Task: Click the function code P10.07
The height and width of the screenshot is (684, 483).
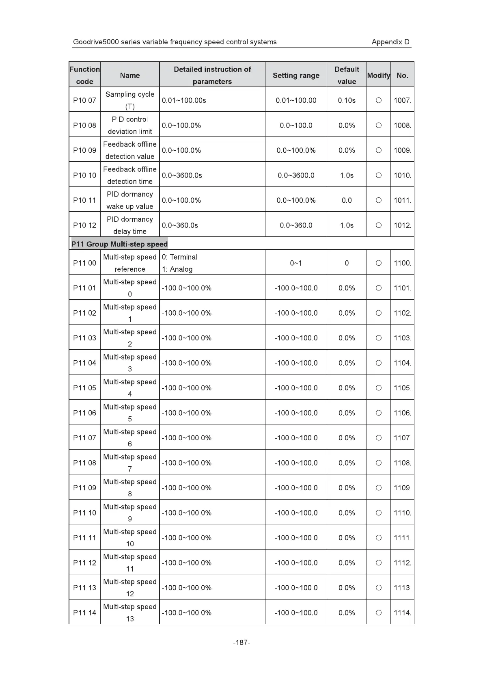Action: point(84,100)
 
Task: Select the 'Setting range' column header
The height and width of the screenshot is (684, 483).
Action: point(296,75)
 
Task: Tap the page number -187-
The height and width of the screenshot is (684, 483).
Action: point(241,642)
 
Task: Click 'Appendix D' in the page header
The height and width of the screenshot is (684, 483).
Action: point(390,42)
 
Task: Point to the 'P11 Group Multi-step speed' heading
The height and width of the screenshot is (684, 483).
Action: point(119,244)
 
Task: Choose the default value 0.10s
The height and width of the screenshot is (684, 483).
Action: point(347,100)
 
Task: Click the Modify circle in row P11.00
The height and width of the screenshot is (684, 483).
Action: point(378,263)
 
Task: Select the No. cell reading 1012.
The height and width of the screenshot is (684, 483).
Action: point(402,225)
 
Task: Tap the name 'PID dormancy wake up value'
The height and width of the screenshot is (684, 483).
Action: point(130,200)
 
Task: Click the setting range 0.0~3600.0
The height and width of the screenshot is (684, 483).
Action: point(296,175)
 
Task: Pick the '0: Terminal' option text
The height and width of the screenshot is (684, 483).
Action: point(179,257)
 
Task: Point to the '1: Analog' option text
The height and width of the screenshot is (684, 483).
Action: point(177,269)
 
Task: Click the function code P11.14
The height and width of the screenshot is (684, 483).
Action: point(84,613)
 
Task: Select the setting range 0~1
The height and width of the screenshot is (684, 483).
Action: point(296,263)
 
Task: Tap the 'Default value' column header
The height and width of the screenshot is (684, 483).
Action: point(347,75)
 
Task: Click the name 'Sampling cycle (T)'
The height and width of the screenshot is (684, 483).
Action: point(130,100)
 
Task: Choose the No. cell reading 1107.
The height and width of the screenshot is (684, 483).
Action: point(402,438)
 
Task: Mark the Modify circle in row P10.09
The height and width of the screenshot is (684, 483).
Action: point(378,150)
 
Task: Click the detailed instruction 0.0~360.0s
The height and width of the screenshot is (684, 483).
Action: point(180,225)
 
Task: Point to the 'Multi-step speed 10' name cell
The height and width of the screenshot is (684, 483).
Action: point(130,537)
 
